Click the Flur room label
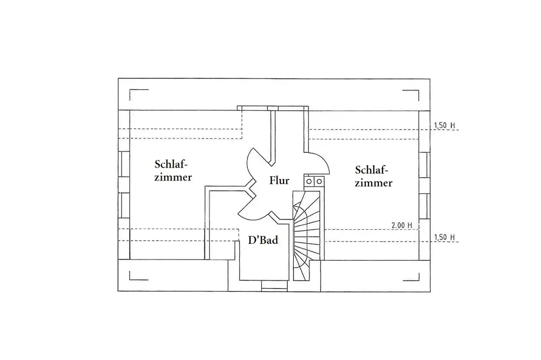tap(279, 181)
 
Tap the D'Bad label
tap(263, 239)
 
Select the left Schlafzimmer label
tap(173, 170)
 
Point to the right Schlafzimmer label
tap(374, 175)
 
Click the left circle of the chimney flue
tap(310, 182)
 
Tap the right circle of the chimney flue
tap(319, 182)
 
